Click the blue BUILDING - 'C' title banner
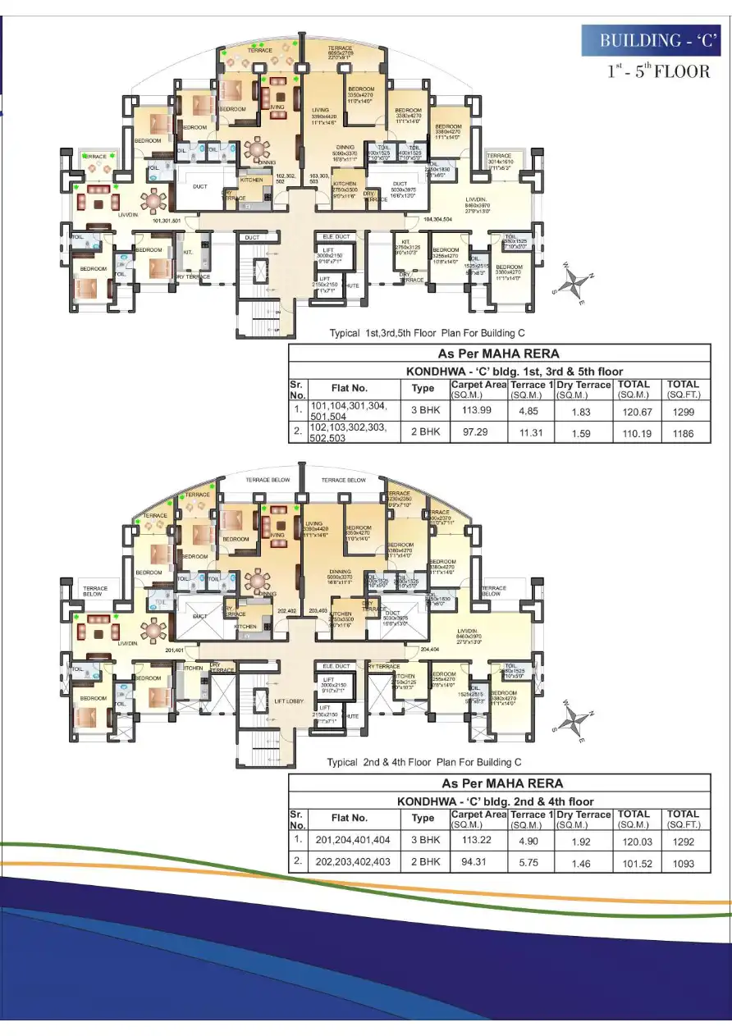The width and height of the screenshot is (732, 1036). coord(652,40)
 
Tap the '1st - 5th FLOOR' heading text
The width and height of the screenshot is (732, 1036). coord(658,71)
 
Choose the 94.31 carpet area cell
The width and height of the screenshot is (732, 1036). coord(478,863)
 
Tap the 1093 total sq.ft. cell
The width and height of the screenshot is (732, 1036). coord(683,863)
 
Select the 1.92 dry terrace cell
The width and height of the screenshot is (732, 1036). coord(582,841)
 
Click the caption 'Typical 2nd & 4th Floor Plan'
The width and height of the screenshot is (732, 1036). coord(423,762)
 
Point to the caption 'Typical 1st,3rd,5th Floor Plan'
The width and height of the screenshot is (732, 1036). coord(426,333)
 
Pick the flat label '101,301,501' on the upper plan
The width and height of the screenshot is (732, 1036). coord(166,221)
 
